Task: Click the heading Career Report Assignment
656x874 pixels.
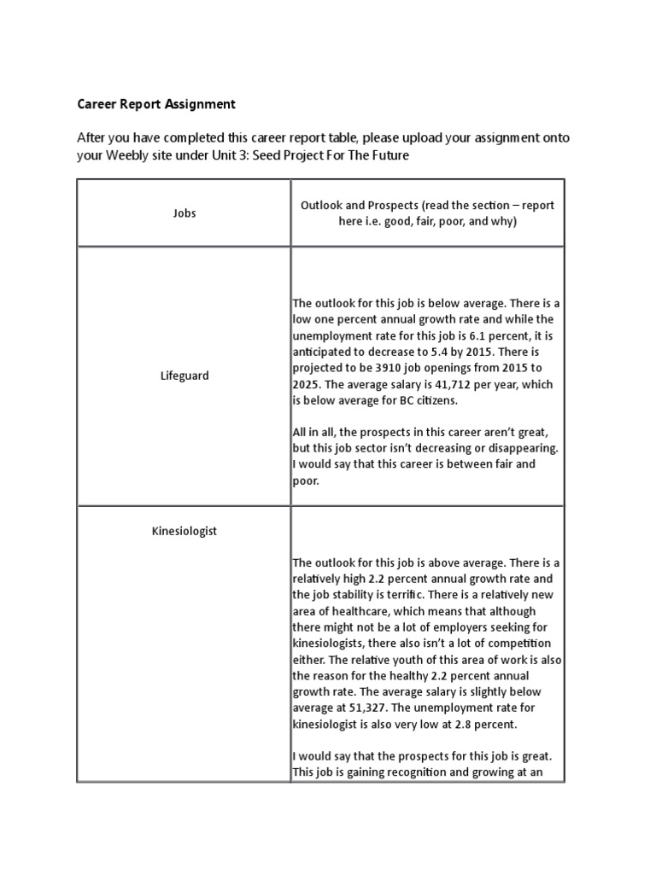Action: [156, 104]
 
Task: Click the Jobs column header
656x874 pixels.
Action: [184, 213]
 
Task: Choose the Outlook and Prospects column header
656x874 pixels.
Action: [427, 213]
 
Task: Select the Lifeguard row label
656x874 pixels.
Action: [184, 376]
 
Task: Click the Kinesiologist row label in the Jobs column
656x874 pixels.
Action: [184, 531]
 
